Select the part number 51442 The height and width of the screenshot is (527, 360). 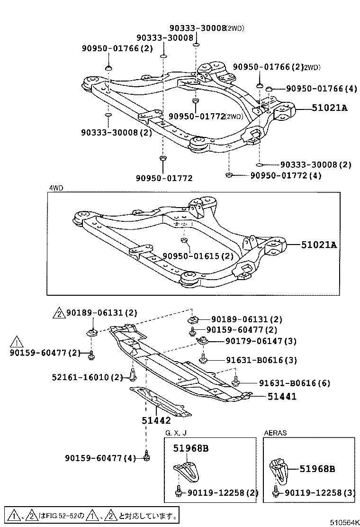click(x=156, y=419)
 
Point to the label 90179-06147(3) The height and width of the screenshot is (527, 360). click(x=254, y=341)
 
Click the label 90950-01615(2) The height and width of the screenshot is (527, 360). click(x=198, y=256)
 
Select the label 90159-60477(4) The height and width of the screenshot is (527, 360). click(x=100, y=458)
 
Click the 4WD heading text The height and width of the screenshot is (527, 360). click(x=56, y=188)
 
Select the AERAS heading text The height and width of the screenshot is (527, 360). click(x=275, y=433)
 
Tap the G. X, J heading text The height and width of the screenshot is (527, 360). click(x=176, y=433)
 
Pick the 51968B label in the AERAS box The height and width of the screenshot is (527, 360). click(x=317, y=469)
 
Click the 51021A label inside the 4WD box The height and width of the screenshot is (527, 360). click(x=319, y=245)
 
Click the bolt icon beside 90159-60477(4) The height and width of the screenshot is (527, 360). click(x=146, y=456)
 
